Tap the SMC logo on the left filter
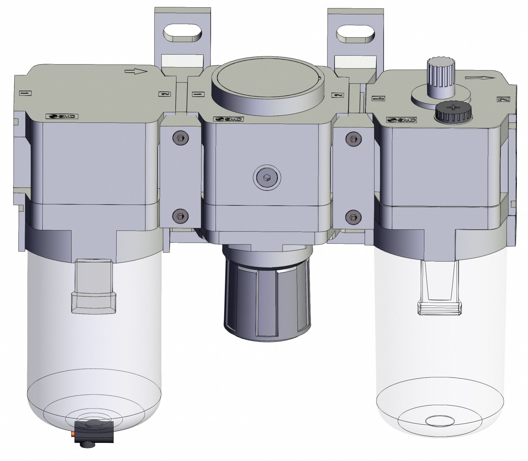tap(62, 117)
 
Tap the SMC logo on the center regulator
tap(229, 119)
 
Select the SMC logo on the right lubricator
tap(402, 120)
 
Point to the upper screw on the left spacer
tap(180, 138)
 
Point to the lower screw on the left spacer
tap(180, 215)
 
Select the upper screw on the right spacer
tap(353, 138)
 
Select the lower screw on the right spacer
tap(353, 216)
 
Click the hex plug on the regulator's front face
tap(267, 177)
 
